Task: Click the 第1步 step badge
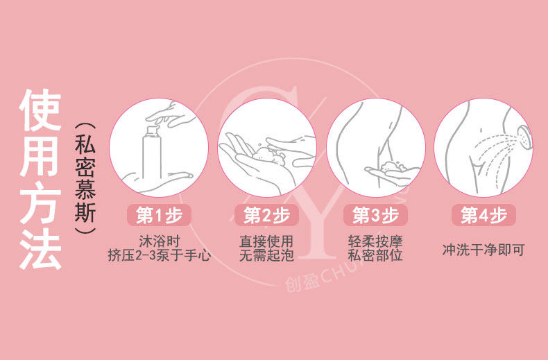tap(159, 215)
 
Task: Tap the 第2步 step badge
tap(266, 215)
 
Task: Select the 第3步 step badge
tap(375, 215)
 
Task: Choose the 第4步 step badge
tap(483, 215)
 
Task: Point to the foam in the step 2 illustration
tap(268, 155)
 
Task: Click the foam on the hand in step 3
tap(392, 166)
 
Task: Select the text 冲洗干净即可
tap(483, 250)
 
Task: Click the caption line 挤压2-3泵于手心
tap(159, 255)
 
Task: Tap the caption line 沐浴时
tap(159, 241)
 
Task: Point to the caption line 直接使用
tap(266, 241)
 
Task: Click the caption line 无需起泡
tap(266, 255)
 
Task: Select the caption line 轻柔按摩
tap(375, 241)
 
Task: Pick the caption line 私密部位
tap(375, 255)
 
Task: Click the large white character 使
tap(40, 110)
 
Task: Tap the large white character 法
tap(40, 248)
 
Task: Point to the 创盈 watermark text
tap(302, 281)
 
